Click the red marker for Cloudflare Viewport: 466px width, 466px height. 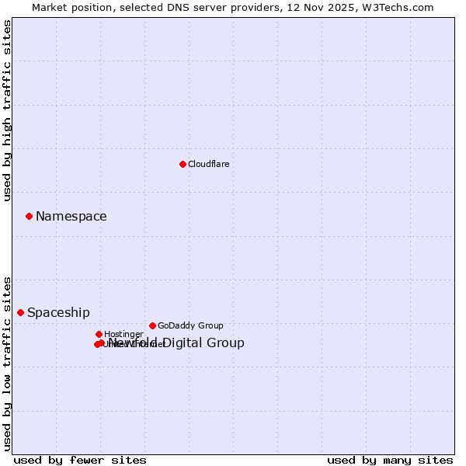(183, 164)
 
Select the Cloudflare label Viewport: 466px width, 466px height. (208, 164)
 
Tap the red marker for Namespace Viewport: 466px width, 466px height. (29, 216)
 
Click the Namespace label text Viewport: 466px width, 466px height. (71, 217)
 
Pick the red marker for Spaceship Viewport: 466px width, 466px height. (20, 312)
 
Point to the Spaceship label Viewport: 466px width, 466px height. (58, 313)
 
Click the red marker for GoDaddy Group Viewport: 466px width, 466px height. (152, 325)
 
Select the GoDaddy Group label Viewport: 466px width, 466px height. (190, 325)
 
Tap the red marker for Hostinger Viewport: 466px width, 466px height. (99, 334)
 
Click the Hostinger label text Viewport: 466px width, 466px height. (123, 335)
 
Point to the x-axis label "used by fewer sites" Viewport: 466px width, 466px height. (80, 460)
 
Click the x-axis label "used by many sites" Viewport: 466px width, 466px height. (390, 460)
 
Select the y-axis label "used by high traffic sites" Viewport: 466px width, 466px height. (7, 111)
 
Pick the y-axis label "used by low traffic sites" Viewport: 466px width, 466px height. (7, 363)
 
